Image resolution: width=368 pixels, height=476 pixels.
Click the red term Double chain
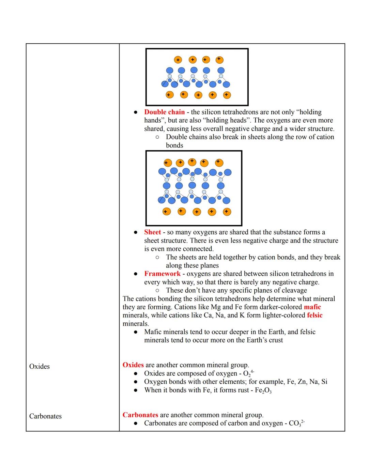(x=164, y=112)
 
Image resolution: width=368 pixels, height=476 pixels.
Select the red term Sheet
(x=152, y=232)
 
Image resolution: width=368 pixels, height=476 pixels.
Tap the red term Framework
(x=162, y=274)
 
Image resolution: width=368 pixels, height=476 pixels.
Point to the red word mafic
(x=312, y=307)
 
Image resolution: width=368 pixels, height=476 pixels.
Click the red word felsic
(x=315, y=315)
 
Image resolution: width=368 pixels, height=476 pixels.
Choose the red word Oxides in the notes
(x=133, y=365)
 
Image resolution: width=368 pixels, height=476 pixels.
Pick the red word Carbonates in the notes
(x=140, y=415)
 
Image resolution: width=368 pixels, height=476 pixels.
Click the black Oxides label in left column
(x=40, y=366)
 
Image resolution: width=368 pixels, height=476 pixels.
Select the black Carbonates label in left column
(x=45, y=416)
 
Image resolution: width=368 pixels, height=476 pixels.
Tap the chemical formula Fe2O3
(x=263, y=390)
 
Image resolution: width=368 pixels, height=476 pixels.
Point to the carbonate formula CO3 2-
(x=296, y=424)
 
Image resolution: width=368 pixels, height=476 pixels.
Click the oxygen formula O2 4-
(x=248, y=373)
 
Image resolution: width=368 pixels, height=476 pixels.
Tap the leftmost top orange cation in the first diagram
(x=178, y=60)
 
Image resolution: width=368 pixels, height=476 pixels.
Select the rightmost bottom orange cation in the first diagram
(x=227, y=95)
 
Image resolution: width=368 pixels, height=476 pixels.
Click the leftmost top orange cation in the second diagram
(x=168, y=163)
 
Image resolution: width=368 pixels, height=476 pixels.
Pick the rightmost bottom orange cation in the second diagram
(x=227, y=212)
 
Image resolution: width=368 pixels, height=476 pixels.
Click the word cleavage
(x=294, y=290)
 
